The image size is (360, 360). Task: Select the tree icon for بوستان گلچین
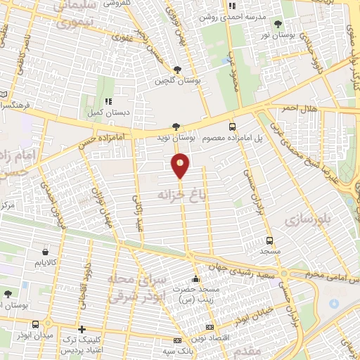pyautogui.click(x=176, y=69)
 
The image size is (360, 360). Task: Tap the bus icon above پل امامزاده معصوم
pyautogui.click(x=233, y=127)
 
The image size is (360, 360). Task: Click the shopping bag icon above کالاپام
pyautogui.click(x=46, y=251)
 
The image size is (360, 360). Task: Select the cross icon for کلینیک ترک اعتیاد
pyautogui.click(x=82, y=328)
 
